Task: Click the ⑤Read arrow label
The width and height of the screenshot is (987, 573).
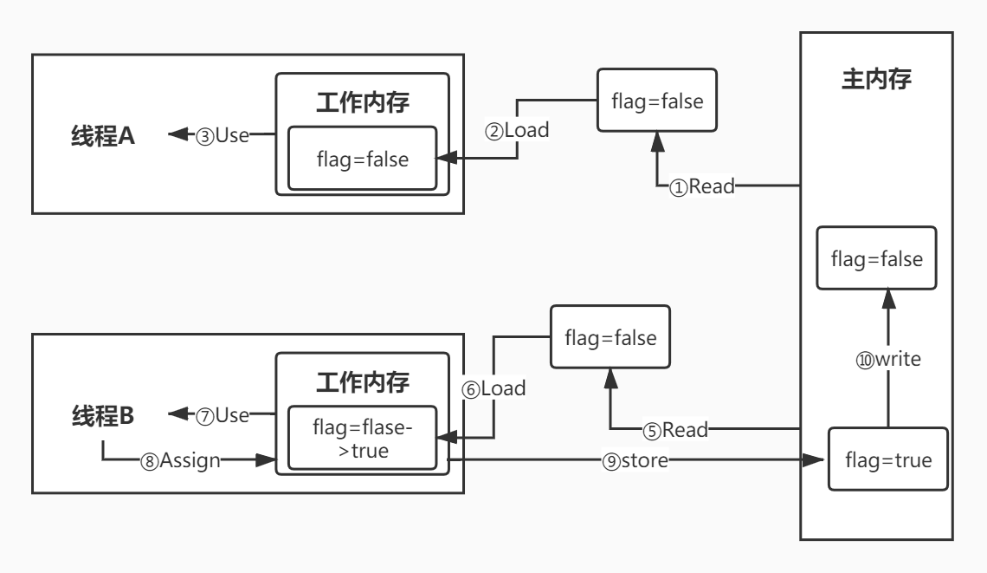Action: (x=675, y=428)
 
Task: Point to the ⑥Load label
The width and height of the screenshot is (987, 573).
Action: (x=493, y=388)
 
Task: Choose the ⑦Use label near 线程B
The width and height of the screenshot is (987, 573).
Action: (x=223, y=415)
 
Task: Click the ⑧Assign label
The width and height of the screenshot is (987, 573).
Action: (x=181, y=461)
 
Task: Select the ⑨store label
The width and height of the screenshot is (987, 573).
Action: (x=633, y=461)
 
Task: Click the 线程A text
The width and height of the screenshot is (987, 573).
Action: (x=102, y=136)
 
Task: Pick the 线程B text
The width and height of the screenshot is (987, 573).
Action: (x=102, y=416)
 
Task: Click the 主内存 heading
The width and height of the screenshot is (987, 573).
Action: (x=878, y=78)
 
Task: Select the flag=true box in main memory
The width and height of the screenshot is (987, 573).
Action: (x=887, y=460)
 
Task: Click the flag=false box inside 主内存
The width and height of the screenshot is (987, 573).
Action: (x=878, y=258)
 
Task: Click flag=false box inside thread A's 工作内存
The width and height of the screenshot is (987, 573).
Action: (x=362, y=159)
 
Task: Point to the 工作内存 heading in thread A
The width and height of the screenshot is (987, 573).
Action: (x=362, y=101)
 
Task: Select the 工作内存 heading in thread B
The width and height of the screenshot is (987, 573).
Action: (x=362, y=381)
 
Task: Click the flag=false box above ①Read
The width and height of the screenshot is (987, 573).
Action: (x=657, y=101)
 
